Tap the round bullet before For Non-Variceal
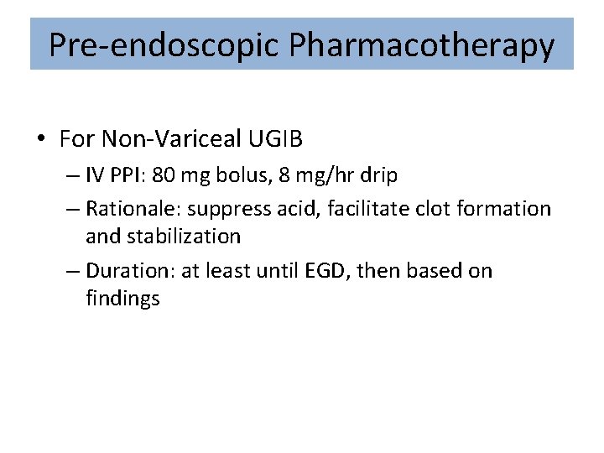pos(41,138)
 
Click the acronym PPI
pos(126,176)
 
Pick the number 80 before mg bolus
pos(164,176)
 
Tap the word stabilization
pos(183,236)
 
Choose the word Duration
pos(122,271)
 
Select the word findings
pos(122,299)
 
